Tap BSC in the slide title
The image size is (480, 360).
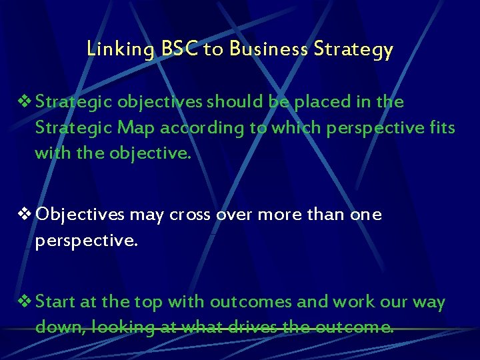tap(179, 49)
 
